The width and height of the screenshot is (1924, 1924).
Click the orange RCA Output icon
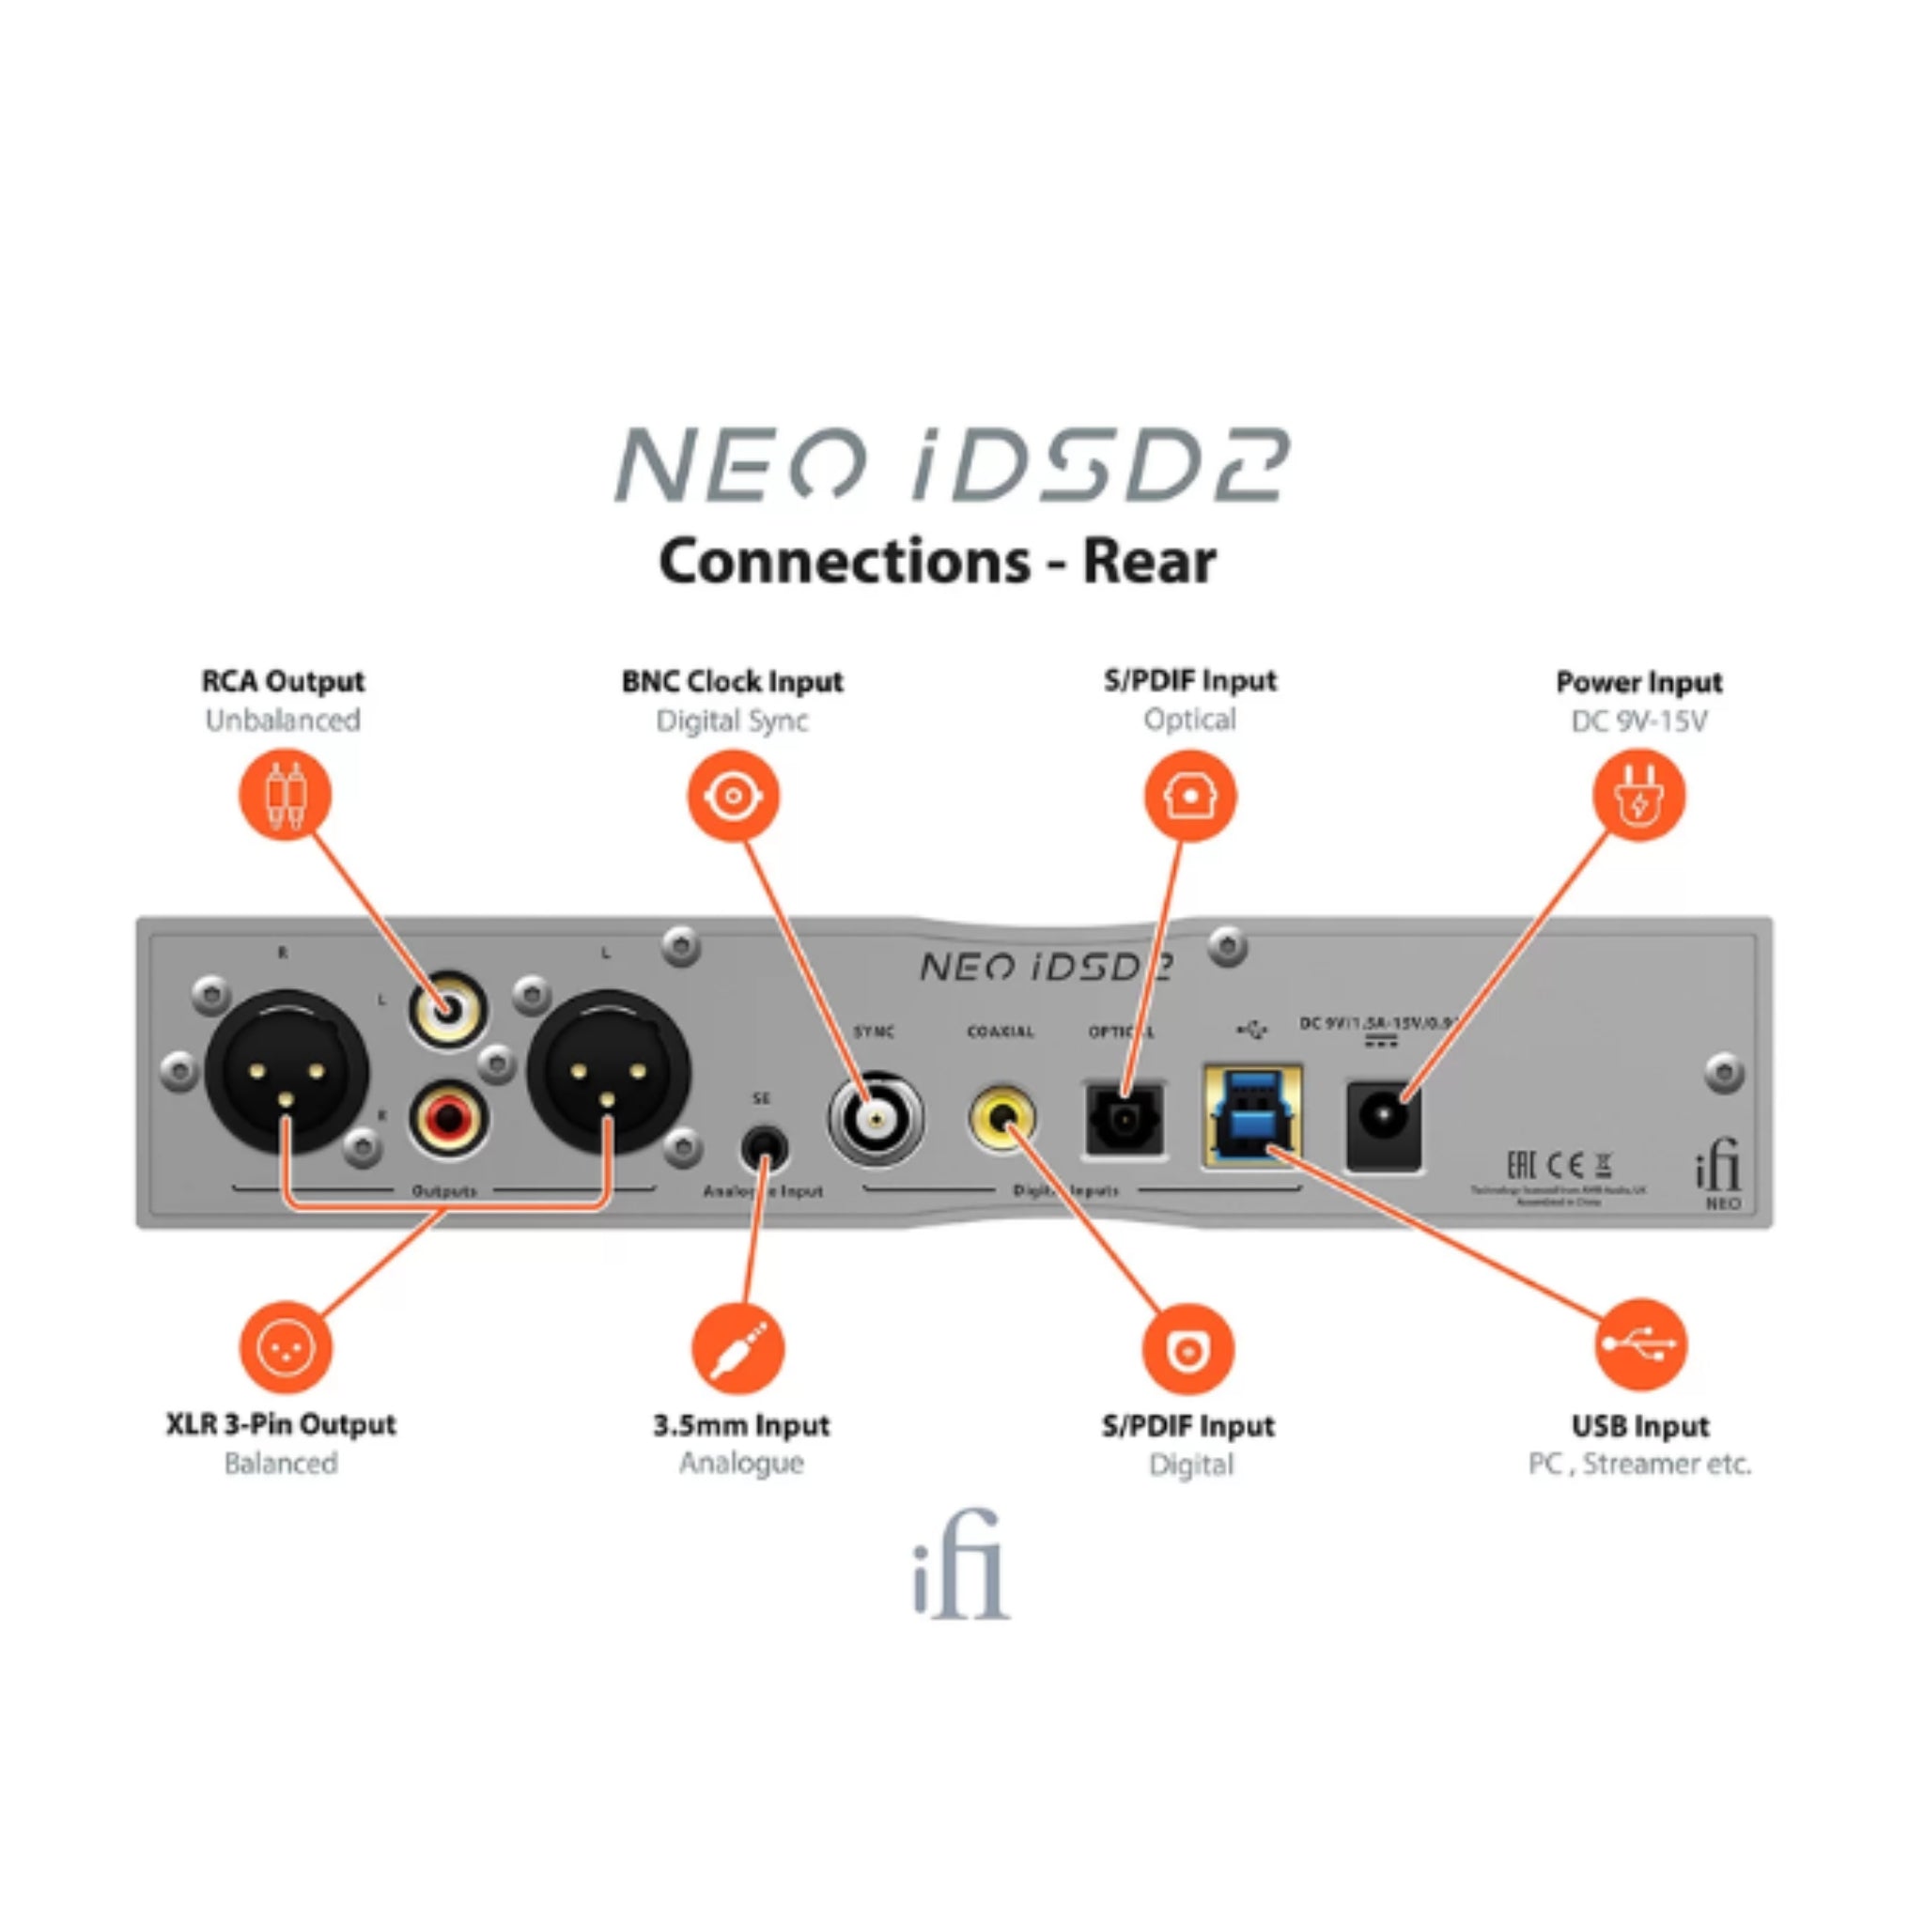coord(285,795)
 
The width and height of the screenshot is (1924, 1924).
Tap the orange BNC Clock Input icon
coord(733,796)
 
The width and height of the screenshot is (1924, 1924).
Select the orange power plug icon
coord(1638,796)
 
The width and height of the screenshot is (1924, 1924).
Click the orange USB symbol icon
coord(1639,1344)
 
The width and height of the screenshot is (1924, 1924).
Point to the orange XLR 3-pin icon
coord(285,1346)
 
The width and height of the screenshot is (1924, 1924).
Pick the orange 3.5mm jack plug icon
coord(737,1348)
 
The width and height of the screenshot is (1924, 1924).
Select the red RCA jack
coord(447,1118)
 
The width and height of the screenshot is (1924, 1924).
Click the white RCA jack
coord(447,1010)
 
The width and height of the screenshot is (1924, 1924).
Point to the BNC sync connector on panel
coord(876,1119)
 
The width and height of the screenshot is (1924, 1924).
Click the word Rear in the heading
coord(1148,562)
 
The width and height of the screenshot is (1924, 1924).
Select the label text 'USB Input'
coord(1639,1426)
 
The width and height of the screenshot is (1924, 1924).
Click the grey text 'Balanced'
coord(281,1463)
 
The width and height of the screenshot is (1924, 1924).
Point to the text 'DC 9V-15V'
coord(1638,720)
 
